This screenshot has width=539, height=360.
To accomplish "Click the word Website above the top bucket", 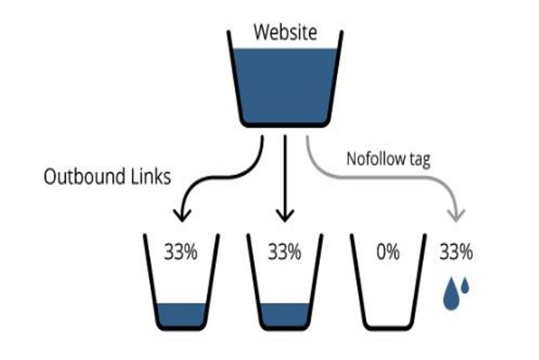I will (x=285, y=32).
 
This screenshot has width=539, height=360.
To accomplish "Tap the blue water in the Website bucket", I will (x=286, y=83).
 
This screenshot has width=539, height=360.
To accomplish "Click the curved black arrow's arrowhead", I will (x=182, y=215).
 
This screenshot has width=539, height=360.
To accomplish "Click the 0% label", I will (x=388, y=251).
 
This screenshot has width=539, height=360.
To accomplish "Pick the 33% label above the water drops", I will (x=456, y=251).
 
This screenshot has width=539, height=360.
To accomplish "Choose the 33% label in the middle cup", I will (x=285, y=251).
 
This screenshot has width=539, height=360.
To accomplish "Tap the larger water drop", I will (x=451, y=297).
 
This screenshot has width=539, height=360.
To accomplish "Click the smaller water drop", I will (x=465, y=286).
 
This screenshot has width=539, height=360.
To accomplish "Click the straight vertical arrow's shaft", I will (x=285, y=172).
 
